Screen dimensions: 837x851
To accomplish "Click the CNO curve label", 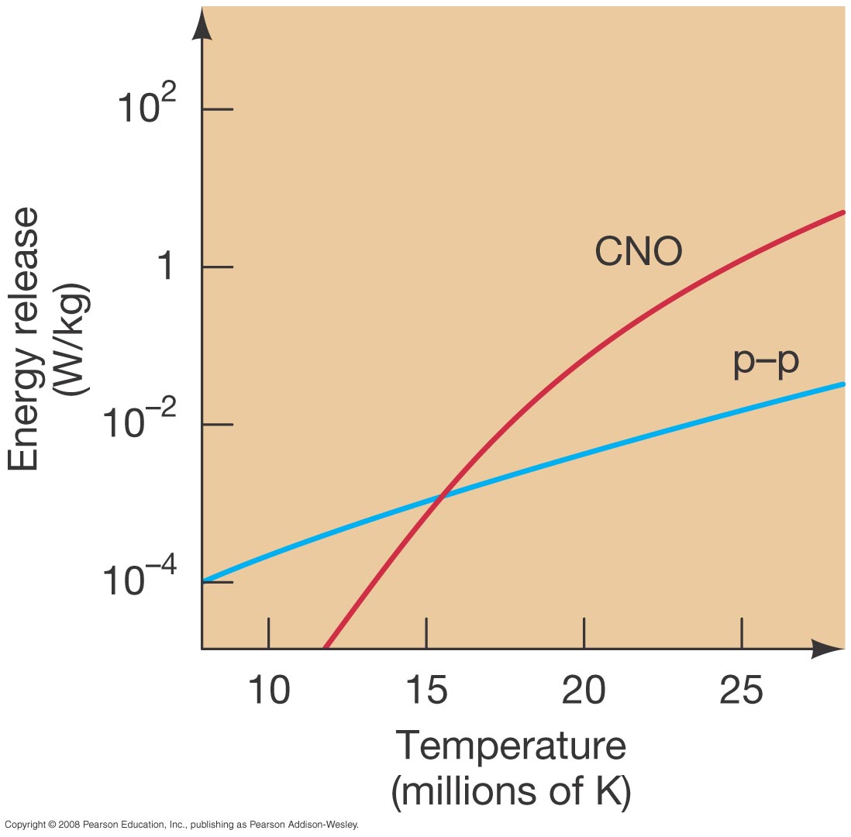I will (638, 252).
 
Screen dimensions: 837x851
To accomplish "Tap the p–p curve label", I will (766, 363).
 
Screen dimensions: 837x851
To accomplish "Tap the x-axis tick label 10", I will (268, 691).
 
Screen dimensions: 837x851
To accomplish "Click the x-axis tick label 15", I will (426, 691).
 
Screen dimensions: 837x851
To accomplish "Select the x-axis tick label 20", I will (584, 691).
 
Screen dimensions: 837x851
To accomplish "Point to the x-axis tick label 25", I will (742, 691).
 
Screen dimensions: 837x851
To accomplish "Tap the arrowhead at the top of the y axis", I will (202, 25).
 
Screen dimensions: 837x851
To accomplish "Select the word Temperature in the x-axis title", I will (511, 746).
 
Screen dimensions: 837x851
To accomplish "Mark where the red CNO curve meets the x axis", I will (325, 647).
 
